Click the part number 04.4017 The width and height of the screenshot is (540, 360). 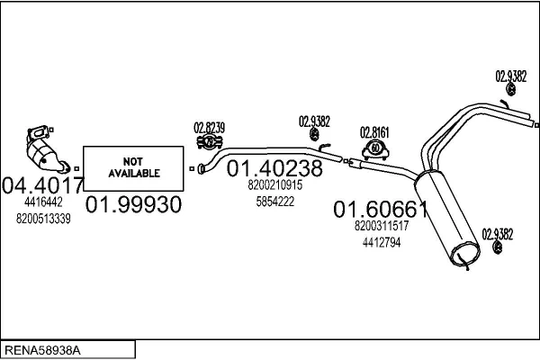click(43, 185)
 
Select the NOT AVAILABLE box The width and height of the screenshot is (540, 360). click(133, 168)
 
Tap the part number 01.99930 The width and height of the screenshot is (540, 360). click(133, 204)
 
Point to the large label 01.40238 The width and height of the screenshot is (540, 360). click(274, 168)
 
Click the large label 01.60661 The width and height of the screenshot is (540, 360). click(381, 209)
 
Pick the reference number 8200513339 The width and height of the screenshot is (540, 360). click(43, 219)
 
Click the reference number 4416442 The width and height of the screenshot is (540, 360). click(43, 202)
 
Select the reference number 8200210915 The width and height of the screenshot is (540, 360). click(274, 185)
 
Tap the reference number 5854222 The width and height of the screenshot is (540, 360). click(274, 202)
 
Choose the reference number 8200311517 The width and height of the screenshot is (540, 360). click(382, 226)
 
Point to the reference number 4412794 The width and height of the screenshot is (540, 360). click(382, 242)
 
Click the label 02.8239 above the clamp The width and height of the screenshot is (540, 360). click(210, 128)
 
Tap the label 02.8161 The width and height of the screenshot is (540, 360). click(374, 132)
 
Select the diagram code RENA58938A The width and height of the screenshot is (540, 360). click(42, 350)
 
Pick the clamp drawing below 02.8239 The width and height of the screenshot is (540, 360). click(210, 142)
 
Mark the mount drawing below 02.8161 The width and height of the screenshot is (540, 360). click(375, 149)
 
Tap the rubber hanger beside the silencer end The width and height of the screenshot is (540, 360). click(498, 247)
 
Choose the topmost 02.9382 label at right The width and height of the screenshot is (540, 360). click(511, 76)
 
